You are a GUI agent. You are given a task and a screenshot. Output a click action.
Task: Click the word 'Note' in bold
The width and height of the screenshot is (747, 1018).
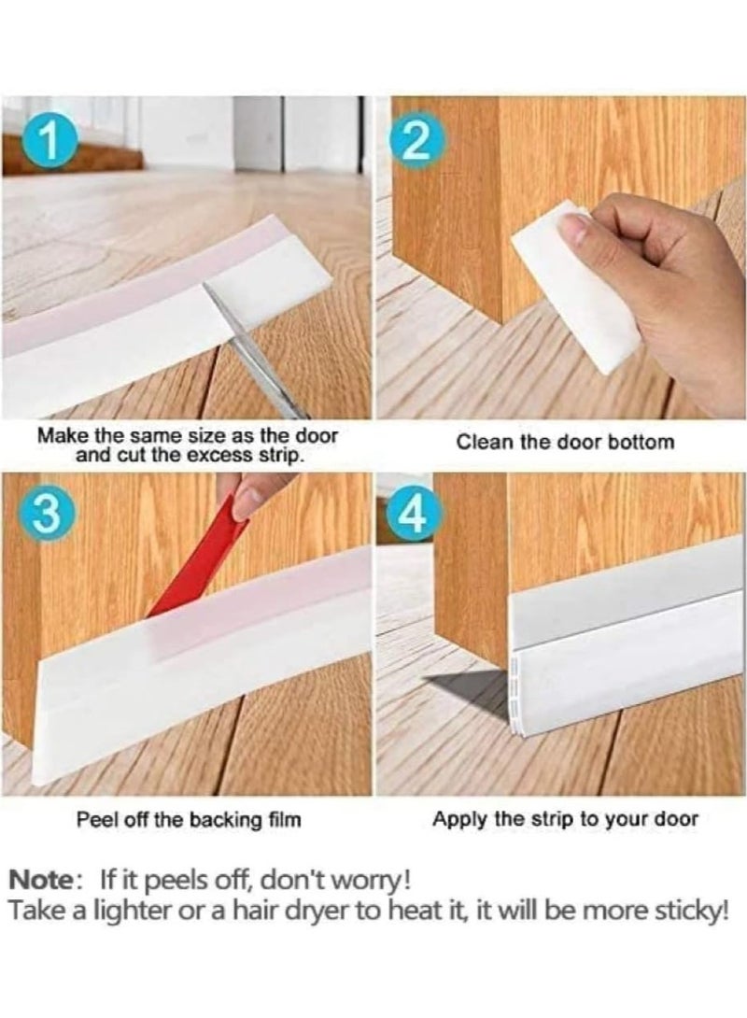point(40,881)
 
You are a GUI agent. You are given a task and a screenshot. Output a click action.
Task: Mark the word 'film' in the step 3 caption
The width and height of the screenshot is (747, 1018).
point(285,819)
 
